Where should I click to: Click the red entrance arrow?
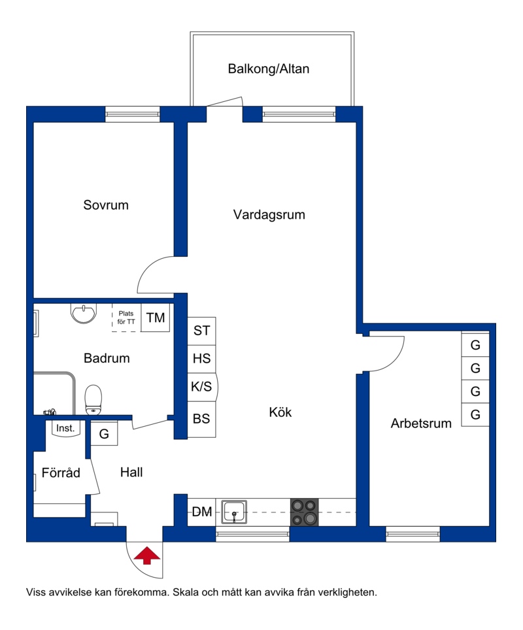point(146,555)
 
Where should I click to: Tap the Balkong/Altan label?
point(269,69)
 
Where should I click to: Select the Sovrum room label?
point(106,205)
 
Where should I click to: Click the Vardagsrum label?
point(269,214)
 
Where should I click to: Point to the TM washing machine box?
point(155,318)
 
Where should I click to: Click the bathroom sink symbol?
point(84,312)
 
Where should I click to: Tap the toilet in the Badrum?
point(93,400)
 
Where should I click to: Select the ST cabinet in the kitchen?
point(201,331)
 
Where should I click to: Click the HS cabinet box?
point(201,359)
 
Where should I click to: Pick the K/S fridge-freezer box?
point(202,387)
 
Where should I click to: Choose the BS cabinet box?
point(201,419)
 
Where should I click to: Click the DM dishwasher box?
point(201,512)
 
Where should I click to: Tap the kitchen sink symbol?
point(234,512)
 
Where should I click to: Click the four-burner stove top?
point(304,512)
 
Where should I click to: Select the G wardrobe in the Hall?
point(104,433)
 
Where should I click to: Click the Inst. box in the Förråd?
point(66,428)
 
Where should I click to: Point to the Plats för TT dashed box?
point(126,318)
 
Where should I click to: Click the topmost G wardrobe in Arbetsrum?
point(475,344)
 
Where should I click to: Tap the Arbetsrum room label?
point(421,423)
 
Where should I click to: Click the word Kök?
point(280,412)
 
